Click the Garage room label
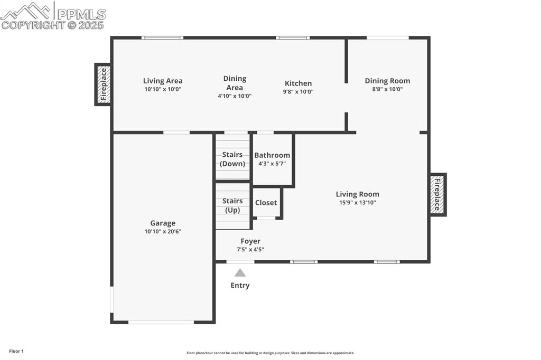[x=162, y=223]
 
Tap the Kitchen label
[x=298, y=83]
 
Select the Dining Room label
[x=387, y=81]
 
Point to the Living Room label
[x=357, y=194]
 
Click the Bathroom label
[x=272, y=155]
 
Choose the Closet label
[x=266, y=203]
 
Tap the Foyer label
[x=250, y=241]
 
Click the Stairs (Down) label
[x=232, y=159]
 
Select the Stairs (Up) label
[x=232, y=205]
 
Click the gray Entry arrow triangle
[x=240, y=273]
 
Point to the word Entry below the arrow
[x=240, y=286]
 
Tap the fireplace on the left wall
[x=103, y=84]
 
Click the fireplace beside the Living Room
[x=437, y=195]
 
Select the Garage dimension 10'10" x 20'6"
[x=163, y=232]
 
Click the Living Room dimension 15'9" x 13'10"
[x=357, y=203]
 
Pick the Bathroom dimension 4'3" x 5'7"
[x=272, y=164]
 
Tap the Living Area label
[x=163, y=81]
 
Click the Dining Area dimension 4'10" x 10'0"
[x=235, y=96]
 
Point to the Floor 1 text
[x=16, y=351]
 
